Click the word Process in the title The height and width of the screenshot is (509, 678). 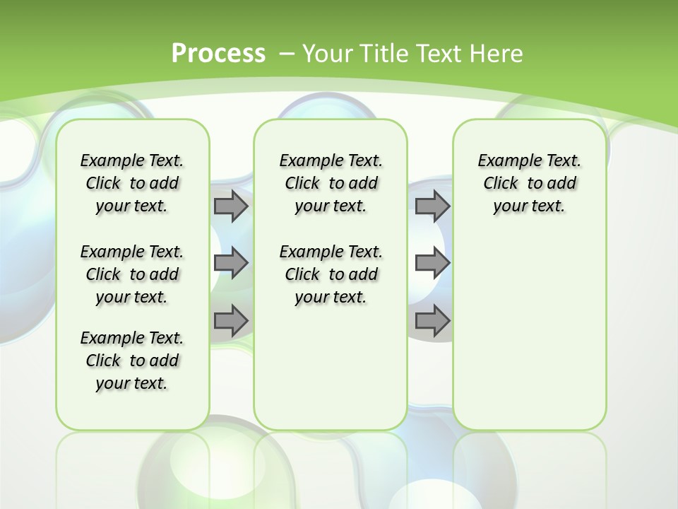coord(218,53)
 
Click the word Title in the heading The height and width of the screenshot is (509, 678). coord(382,53)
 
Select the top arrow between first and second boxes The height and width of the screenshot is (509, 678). coord(231,206)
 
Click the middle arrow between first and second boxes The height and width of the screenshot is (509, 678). coord(231,263)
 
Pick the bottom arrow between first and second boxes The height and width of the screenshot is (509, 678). coord(231,321)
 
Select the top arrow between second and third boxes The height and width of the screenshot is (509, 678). coord(432,206)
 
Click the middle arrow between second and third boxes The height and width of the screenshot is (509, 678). coord(432,263)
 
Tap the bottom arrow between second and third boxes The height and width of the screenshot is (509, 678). coord(432,321)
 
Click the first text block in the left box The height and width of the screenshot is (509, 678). coord(132,183)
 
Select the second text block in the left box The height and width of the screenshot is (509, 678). coord(132,274)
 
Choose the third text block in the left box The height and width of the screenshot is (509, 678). coord(132,361)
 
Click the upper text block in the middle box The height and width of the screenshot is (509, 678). coord(331,183)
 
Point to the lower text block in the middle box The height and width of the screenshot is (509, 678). coord(331,274)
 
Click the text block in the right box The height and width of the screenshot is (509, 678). coord(529,183)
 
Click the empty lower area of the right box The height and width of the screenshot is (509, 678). coord(529,332)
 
